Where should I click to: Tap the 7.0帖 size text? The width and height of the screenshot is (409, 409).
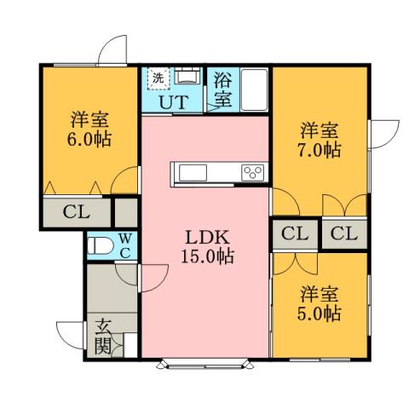coord(320,150)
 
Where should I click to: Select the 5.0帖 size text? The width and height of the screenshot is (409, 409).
coord(320,313)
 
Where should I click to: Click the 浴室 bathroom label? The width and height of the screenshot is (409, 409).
coord(222,89)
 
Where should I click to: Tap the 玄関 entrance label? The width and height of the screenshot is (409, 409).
coord(103,335)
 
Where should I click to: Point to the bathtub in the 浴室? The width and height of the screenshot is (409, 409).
coord(254,89)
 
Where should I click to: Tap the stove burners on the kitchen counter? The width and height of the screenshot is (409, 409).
coord(252,173)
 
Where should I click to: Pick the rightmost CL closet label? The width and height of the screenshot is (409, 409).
coord(344,233)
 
